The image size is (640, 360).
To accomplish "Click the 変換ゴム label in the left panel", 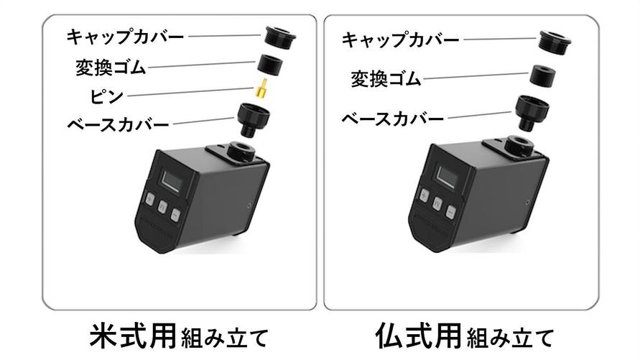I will click(111, 68).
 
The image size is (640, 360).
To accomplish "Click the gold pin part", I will click(263, 91).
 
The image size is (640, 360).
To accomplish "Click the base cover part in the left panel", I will click(253, 119).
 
